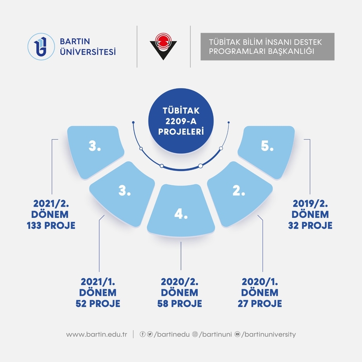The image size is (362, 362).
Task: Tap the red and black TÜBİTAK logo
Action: [x=163, y=46]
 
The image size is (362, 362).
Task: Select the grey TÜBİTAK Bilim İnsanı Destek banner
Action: [x=267, y=46]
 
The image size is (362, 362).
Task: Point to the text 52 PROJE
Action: [x=98, y=304]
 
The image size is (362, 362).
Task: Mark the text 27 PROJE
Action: [x=260, y=304]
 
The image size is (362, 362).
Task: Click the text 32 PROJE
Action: [x=311, y=225]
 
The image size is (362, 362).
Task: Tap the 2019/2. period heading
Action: [x=311, y=203]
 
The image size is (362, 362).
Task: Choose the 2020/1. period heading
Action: [x=260, y=282]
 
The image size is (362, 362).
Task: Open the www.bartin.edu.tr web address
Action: [x=97, y=335]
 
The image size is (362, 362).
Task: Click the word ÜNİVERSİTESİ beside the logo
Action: [x=88, y=51]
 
